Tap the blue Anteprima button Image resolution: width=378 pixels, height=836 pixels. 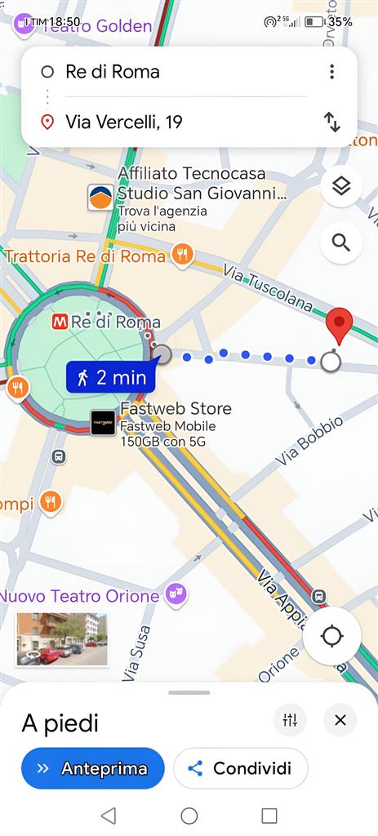pos(93,768)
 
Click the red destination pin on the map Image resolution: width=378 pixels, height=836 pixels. pos(339,325)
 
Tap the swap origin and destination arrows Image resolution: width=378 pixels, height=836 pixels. pos(331,122)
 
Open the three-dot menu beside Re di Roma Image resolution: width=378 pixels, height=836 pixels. pos(331,72)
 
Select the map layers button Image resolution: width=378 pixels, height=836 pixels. pos(341,187)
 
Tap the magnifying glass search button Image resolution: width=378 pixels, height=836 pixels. pos(341,242)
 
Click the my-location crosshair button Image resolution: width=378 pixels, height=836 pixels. pos(331,636)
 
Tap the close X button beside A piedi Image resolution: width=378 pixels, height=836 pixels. pos(340,720)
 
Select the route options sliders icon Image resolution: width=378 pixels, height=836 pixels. pos(290,720)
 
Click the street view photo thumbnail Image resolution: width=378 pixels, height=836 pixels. pos(62,639)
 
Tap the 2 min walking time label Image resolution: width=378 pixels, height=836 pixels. pos(110,377)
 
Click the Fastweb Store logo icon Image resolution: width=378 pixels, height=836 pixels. pos(103,423)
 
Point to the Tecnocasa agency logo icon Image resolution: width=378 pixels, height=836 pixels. pos(100,197)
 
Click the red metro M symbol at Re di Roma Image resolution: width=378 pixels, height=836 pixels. pos(60,322)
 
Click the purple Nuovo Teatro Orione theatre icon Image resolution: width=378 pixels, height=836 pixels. pos(176,595)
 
